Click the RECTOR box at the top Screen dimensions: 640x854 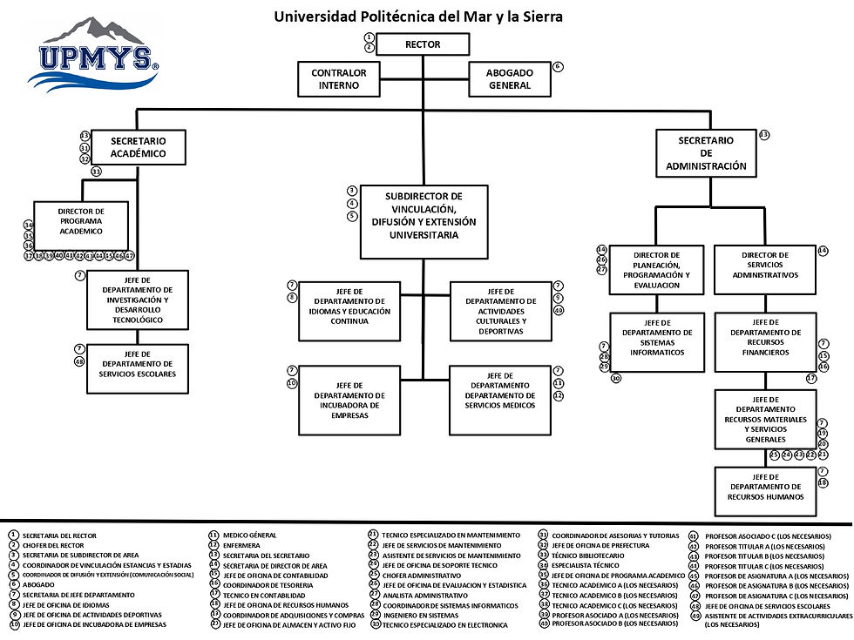(x=424, y=44)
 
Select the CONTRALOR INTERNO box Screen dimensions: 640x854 (x=339, y=79)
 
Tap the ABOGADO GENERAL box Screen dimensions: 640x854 (x=510, y=79)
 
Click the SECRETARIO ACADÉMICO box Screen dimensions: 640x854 (x=139, y=147)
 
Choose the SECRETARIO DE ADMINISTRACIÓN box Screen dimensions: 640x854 (x=706, y=152)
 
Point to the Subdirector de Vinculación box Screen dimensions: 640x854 (x=424, y=221)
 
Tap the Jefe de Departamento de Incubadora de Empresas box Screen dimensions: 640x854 (x=349, y=400)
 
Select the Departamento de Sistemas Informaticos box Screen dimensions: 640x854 (x=657, y=342)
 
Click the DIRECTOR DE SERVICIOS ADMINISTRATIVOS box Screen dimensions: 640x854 (x=764, y=265)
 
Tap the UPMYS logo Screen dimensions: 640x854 (x=93, y=55)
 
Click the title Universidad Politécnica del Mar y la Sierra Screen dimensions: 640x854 (x=418, y=16)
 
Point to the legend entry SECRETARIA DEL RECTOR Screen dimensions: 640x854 (x=59, y=536)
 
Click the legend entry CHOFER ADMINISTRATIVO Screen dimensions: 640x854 (x=421, y=576)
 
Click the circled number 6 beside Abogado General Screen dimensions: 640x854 (x=559, y=66)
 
